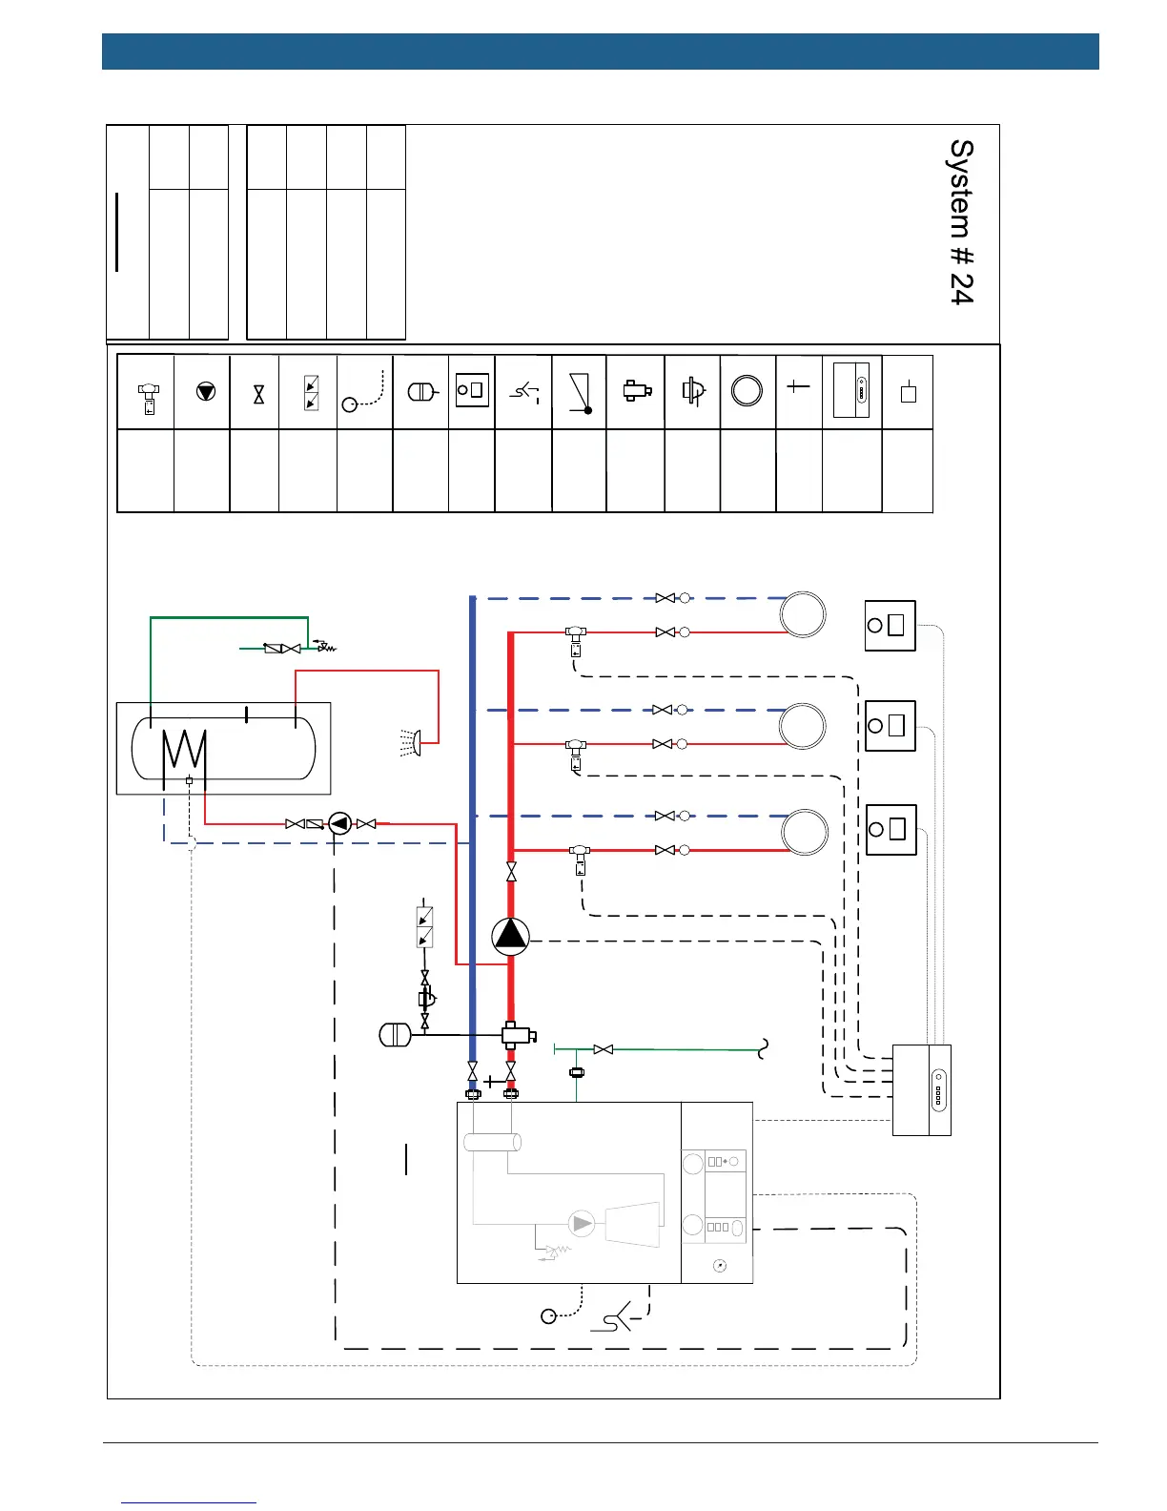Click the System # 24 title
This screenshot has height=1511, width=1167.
[961, 222]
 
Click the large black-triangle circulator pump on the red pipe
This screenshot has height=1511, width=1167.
[510, 936]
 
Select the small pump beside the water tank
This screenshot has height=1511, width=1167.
[339, 823]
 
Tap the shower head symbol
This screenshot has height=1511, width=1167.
[412, 742]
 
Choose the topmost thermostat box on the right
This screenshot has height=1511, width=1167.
[890, 626]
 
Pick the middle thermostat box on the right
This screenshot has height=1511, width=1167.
[890, 726]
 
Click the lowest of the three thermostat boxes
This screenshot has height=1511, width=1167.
[891, 829]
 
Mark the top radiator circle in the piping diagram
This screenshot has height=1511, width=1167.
[802, 614]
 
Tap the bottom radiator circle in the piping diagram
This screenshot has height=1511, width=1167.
[805, 832]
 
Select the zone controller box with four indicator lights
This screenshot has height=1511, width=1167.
[921, 1090]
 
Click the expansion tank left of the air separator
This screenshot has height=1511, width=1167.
[395, 1034]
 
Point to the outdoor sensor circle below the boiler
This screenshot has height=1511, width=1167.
[548, 1316]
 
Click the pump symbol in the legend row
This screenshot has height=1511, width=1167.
[205, 391]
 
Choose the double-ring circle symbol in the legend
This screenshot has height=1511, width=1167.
[747, 391]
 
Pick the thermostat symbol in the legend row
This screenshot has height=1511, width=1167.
[472, 390]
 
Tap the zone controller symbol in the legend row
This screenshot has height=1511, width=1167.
[851, 390]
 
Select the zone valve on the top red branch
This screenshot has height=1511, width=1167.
[576, 638]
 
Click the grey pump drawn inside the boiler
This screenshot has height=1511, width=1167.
[581, 1224]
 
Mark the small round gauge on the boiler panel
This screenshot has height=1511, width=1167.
[719, 1265]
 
